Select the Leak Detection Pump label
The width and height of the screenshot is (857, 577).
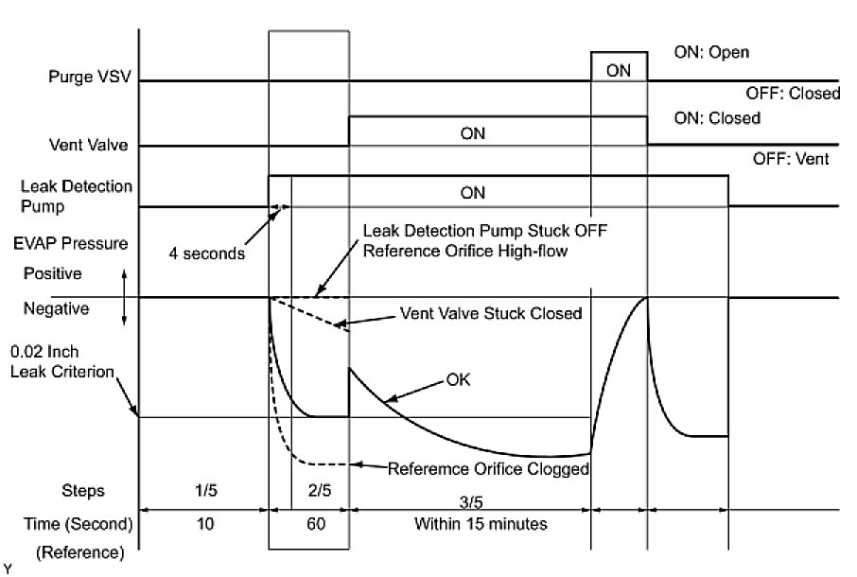91,195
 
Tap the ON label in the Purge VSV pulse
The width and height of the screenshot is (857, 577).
620,70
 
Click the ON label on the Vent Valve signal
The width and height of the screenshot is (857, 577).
473,134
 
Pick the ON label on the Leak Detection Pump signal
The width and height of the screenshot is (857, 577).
473,192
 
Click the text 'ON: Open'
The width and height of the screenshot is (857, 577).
710,52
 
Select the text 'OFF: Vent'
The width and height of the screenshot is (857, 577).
791,160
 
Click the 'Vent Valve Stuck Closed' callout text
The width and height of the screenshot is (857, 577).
492,313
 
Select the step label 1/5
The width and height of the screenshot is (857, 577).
203,491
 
